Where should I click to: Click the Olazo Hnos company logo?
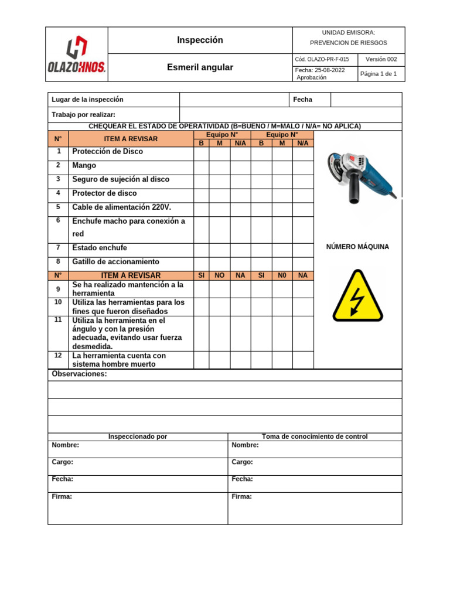(x=76, y=54)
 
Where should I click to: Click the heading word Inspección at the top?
(x=200, y=40)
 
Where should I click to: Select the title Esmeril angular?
(x=200, y=67)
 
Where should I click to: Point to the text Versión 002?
(x=381, y=60)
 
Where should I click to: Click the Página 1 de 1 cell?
(x=379, y=74)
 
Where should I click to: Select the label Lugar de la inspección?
(x=88, y=100)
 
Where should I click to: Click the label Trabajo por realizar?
(x=84, y=115)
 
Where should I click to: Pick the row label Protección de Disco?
(x=107, y=152)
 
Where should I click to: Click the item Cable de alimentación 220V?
(x=122, y=207)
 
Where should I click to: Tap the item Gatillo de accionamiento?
(x=115, y=262)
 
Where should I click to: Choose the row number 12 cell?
(x=58, y=356)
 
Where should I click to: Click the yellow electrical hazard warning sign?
(x=357, y=296)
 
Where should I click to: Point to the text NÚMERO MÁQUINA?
(x=357, y=247)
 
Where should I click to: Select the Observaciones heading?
(x=80, y=374)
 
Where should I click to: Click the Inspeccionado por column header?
(x=138, y=437)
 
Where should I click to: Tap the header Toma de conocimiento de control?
(x=315, y=437)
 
